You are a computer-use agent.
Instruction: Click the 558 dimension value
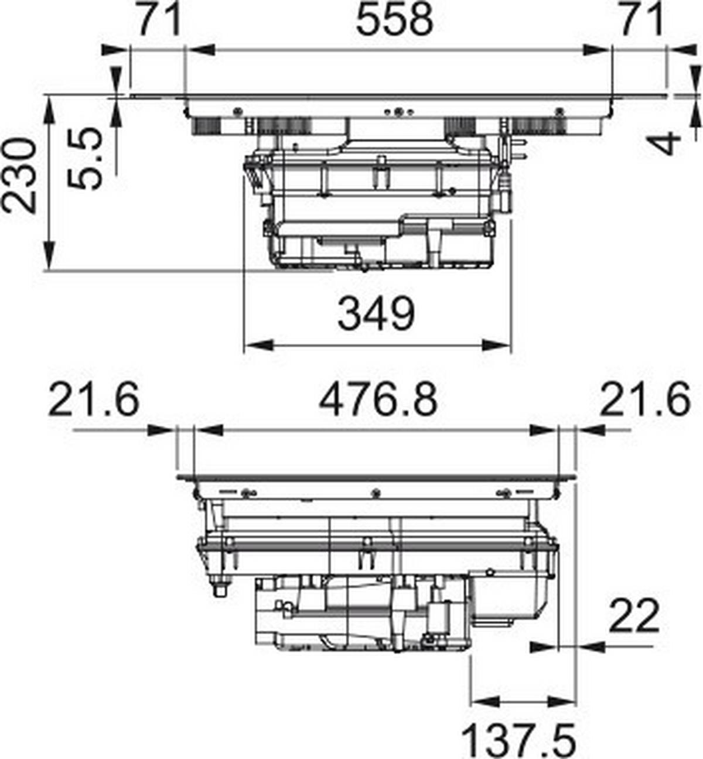[394, 19]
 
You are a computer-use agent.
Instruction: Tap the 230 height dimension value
[19, 176]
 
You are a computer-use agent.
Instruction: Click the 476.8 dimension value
[378, 401]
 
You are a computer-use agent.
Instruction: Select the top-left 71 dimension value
[159, 19]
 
